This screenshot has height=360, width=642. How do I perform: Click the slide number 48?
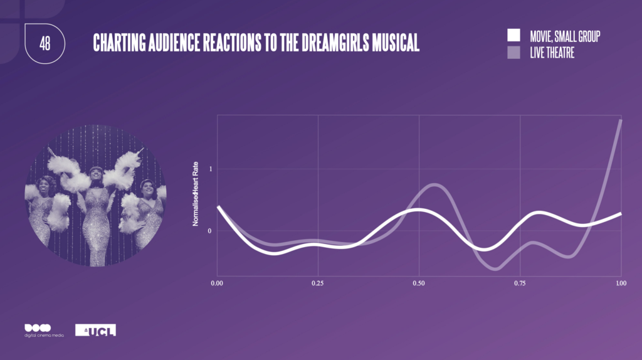tap(45, 43)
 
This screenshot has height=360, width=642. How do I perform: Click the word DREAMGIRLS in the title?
tap(335, 43)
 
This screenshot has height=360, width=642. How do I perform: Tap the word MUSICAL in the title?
tap(396, 43)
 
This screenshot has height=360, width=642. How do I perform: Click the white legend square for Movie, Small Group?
tap(513, 35)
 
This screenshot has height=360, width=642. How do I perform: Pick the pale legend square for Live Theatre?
tap(513, 53)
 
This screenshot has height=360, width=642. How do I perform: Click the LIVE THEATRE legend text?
tap(552, 53)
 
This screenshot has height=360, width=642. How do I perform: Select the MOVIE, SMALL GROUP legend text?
tap(565, 36)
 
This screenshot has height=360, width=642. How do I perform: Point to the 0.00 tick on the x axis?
tap(216, 283)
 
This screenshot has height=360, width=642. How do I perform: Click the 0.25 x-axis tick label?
tap(318, 283)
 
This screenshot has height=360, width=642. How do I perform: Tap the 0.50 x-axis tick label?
tap(419, 283)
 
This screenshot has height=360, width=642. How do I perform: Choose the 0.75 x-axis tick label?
tap(520, 283)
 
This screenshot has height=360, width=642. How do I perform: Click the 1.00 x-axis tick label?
tap(621, 283)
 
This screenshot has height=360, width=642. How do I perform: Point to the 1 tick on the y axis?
tap(211, 169)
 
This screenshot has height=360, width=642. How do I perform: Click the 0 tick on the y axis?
tap(209, 231)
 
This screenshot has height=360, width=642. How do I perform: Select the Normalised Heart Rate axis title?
tap(196, 194)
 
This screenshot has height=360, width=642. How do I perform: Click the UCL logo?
tap(95, 330)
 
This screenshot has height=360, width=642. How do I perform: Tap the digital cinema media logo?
tap(44, 330)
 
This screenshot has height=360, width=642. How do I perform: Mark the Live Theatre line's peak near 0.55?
tap(434, 185)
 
